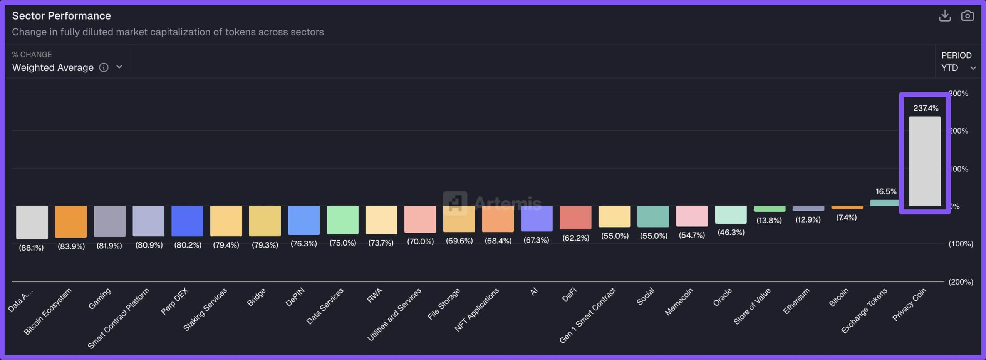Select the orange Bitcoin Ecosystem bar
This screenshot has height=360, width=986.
click(71, 221)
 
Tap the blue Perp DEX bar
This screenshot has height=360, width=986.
click(187, 221)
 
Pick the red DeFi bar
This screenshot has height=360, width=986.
click(575, 217)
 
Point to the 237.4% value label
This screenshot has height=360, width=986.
click(926, 108)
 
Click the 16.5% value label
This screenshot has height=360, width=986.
click(886, 191)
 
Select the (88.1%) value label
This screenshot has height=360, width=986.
click(32, 248)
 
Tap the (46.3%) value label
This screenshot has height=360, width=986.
click(731, 232)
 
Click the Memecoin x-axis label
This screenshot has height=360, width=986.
click(679, 302)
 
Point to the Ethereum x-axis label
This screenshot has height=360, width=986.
click(797, 301)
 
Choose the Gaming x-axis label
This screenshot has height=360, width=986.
click(100, 298)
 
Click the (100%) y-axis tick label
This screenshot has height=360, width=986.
click(961, 244)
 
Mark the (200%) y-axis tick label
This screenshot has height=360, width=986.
click(961, 282)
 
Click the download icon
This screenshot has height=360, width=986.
click(945, 16)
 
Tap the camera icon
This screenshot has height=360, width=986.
click(967, 16)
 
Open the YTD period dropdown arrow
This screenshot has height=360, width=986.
click(973, 68)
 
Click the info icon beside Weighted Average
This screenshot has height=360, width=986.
click(104, 67)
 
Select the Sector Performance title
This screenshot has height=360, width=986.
click(61, 16)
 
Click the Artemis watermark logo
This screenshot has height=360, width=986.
click(455, 203)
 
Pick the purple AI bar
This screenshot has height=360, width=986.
click(537, 218)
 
